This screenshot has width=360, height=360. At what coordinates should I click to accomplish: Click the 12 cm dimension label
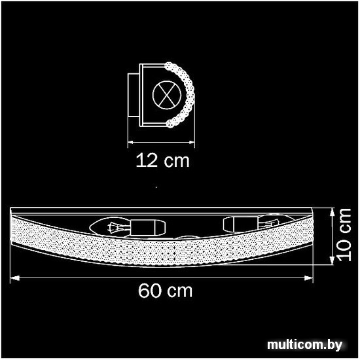162,160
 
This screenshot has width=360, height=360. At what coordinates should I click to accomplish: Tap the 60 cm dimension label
165,291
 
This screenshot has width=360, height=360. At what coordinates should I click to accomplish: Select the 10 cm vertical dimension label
344,234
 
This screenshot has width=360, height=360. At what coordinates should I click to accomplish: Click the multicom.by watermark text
304,344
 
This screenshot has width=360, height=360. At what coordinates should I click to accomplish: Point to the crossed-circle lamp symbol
167,95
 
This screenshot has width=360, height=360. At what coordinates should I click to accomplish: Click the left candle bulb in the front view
110,227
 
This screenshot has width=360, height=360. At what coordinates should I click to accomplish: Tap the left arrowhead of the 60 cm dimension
14,278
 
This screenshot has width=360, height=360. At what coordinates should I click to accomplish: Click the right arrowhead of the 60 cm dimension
308,278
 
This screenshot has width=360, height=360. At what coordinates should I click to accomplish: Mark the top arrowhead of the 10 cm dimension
332,212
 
